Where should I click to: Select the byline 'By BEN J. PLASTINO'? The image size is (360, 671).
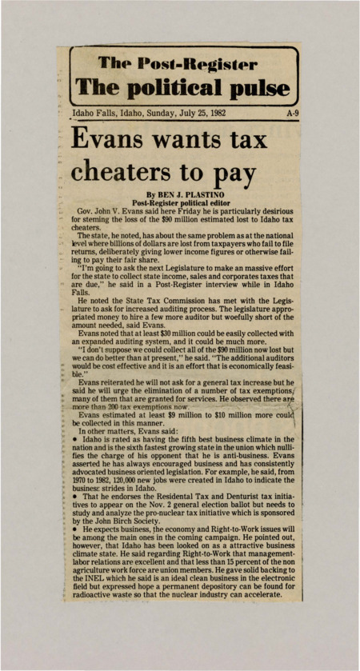(x=179, y=194)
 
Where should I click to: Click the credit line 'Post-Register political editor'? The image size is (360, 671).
(x=179, y=203)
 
